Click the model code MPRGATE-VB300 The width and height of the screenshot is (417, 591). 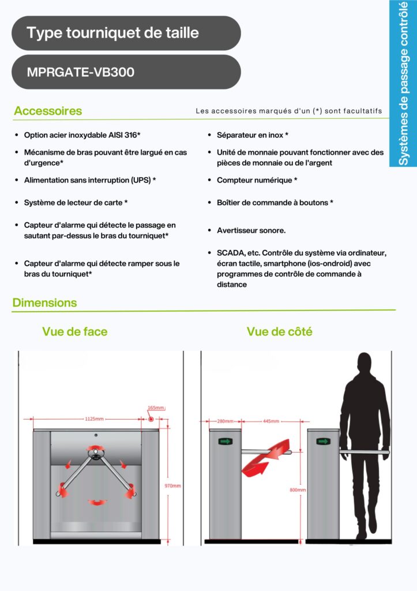[x=80, y=73]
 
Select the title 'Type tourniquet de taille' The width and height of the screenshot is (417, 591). [x=112, y=33]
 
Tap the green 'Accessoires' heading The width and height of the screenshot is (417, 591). [x=48, y=111]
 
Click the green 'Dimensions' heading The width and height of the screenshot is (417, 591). [x=44, y=302]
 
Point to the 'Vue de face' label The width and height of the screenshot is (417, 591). [x=74, y=332]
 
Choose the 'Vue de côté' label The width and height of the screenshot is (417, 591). [x=280, y=332]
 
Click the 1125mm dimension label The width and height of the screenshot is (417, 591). [x=95, y=419]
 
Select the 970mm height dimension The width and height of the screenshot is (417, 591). [x=172, y=486]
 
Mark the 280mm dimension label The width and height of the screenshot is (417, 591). [x=225, y=421]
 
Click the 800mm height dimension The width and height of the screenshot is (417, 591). [x=298, y=490]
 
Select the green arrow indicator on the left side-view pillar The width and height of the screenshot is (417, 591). [x=225, y=442]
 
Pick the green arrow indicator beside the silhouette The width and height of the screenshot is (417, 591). [x=324, y=442]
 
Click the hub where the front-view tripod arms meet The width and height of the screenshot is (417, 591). [x=96, y=455]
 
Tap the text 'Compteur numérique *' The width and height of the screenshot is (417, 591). [x=257, y=180]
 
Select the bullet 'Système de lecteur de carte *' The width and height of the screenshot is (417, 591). [x=76, y=203]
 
